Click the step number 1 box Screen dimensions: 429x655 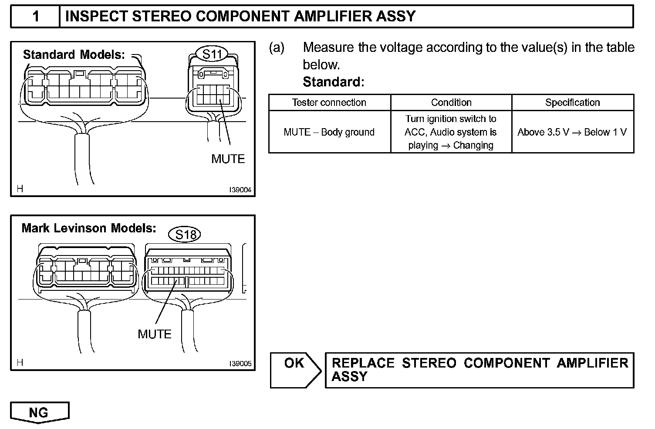click(x=35, y=17)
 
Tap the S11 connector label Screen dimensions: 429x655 click(x=213, y=54)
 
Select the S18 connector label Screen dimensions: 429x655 click(x=186, y=235)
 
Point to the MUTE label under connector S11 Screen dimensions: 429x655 click(x=228, y=159)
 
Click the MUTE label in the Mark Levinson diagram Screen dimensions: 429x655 click(x=155, y=334)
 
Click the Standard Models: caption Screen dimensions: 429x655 click(x=74, y=55)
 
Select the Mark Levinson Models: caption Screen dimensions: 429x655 click(x=89, y=228)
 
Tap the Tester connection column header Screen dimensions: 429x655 click(x=329, y=102)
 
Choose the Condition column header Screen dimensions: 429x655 click(x=451, y=102)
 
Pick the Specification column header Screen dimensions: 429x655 click(x=572, y=102)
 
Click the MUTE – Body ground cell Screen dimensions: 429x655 click(x=329, y=132)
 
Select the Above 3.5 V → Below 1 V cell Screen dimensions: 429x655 click(x=572, y=132)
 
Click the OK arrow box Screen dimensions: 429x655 click(x=294, y=370)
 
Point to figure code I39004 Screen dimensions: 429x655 click(x=240, y=190)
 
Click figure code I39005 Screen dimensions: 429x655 click(x=240, y=364)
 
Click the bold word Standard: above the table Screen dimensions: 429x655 click(x=333, y=82)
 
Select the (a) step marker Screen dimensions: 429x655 click(x=277, y=48)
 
